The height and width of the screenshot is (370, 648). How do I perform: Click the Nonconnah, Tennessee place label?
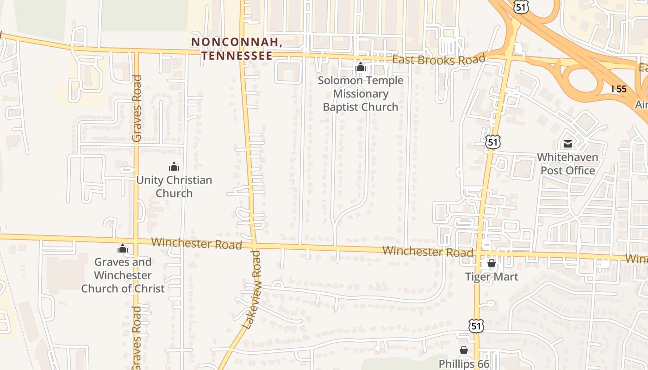coord(237,49)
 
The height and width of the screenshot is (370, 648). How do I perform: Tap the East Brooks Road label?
coord(438,60)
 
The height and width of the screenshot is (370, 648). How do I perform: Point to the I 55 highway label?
coord(619,89)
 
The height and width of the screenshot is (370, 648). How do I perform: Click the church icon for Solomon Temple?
coord(360,67)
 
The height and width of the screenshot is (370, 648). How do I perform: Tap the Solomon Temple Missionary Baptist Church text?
coord(360,93)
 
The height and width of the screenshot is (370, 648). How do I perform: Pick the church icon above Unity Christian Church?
coord(174,166)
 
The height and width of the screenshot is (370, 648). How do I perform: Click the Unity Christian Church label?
coord(174,186)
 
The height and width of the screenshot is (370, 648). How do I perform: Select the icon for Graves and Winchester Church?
coord(123,249)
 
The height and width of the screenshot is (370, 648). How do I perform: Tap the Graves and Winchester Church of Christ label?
coord(123,275)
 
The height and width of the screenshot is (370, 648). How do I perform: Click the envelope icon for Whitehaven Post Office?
coord(567,144)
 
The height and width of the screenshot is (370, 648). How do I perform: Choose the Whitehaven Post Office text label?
coord(567,164)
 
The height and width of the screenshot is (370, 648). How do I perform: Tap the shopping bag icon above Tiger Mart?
coord(492,264)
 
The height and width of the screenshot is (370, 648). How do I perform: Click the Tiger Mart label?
coord(492,277)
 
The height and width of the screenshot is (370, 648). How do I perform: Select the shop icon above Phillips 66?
coord(463,351)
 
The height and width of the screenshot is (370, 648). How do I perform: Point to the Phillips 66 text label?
coord(464,364)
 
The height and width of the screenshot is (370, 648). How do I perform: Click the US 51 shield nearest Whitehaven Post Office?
coord(493,142)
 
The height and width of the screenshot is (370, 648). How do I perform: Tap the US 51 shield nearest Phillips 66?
coord(476,326)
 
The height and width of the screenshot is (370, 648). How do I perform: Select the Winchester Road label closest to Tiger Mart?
coord(428,252)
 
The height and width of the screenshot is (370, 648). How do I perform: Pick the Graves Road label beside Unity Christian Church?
coord(137,108)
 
